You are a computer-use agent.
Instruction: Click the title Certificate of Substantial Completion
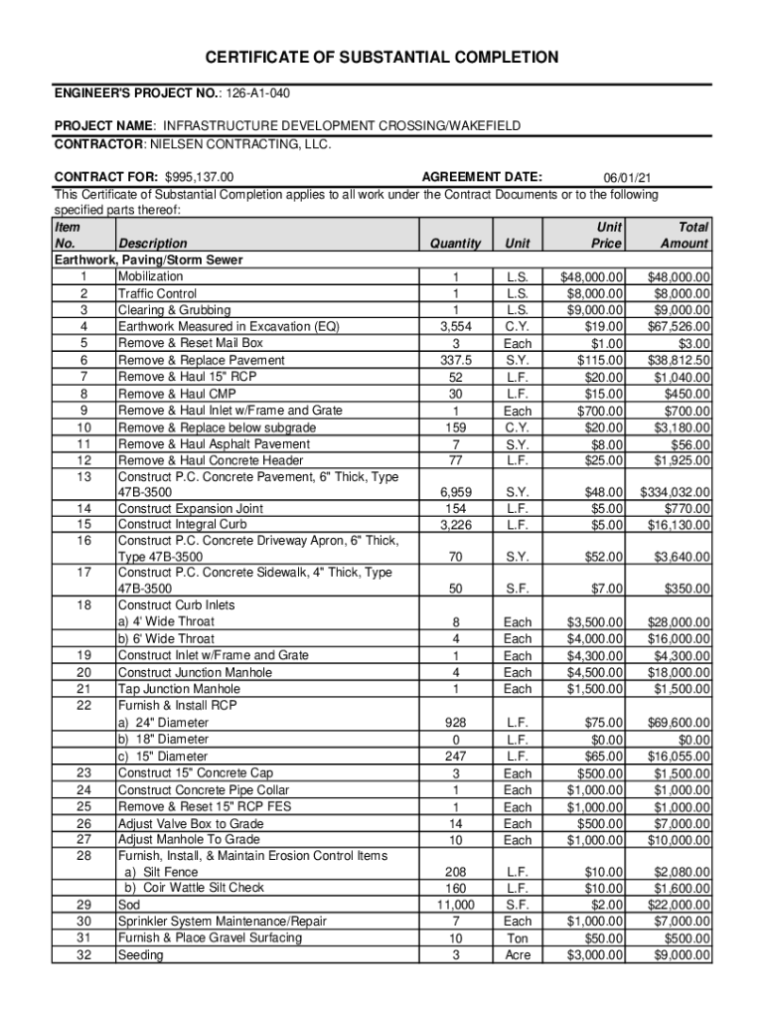pos(382,57)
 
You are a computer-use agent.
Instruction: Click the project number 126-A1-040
pos(257,92)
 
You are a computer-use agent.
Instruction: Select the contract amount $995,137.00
pos(199,177)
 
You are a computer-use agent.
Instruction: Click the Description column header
pos(152,244)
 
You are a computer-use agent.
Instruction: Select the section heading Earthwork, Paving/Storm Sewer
pos(148,259)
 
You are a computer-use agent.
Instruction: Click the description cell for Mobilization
pos(150,276)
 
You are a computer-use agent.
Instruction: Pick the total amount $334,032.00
pos(669,492)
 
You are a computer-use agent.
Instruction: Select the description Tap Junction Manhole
pos(179,689)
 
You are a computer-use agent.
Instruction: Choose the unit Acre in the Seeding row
pos(518,955)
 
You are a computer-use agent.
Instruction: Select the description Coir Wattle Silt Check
pos(194,888)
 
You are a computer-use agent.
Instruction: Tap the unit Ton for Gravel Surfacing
pos(518,938)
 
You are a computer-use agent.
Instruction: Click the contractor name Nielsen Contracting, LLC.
pos(239,143)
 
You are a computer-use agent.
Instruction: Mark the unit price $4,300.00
pos(595,655)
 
